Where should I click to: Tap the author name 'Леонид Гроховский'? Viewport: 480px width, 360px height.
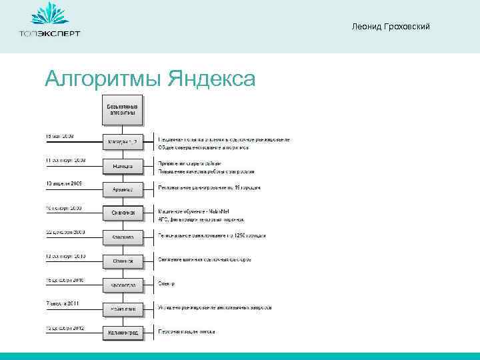tap(391, 26)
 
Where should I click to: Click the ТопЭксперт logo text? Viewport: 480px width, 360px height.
tap(49, 34)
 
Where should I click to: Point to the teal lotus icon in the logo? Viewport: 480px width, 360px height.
tap(49, 15)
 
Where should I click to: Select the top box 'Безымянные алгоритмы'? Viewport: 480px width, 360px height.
tap(123, 110)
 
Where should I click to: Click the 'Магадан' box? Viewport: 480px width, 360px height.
tap(123, 141)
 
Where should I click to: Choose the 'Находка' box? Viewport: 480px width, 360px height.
tap(123, 165)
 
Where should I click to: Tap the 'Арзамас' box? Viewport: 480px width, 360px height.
tap(123, 189)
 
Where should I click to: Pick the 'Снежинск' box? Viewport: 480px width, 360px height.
tap(123, 213)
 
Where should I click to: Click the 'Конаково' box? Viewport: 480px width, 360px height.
tap(123, 237)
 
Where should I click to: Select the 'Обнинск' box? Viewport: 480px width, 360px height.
tap(123, 261)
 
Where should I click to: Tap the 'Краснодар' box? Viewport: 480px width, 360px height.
tap(123, 285)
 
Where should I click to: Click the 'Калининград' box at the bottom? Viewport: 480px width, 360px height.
tap(123, 331)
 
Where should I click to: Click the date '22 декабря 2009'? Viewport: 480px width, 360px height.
tap(63, 231)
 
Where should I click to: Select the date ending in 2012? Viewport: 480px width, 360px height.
tap(63, 327)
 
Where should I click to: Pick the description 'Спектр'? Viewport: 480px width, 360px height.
tap(167, 284)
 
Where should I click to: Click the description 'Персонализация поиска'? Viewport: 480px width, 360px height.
tap(187, 331)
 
